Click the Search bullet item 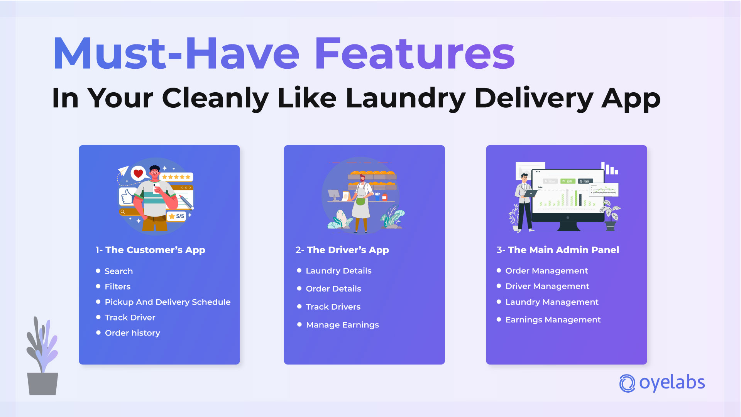click(118, 271)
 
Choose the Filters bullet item click(117, 286)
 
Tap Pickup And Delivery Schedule click(167, 302)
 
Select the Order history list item click(132, 333)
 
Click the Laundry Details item click(338, 271)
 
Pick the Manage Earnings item click(342, 325)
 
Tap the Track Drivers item click(333, 307)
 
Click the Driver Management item click(547, 286)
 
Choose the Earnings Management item click(553, 320)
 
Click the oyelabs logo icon click(627, 383)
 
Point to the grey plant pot click(42, 383)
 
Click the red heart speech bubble click(138, 173)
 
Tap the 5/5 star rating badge click(177, 216)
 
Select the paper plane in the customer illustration click(123, 170)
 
